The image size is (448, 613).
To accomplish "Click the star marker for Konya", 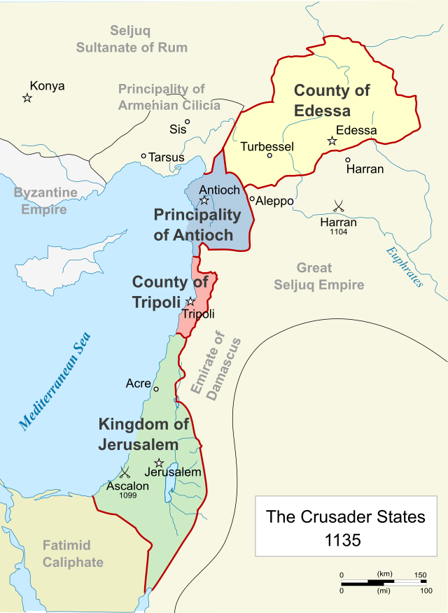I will coord(27,98).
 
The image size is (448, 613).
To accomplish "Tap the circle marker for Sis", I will coord(188,122).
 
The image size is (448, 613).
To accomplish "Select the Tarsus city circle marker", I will coord(143,156).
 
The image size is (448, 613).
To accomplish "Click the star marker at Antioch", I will coord(204,201).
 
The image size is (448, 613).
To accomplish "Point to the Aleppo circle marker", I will coord(252,199).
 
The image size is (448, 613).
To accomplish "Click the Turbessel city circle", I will coord(269,155).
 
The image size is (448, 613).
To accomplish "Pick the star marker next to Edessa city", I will coord(332,141).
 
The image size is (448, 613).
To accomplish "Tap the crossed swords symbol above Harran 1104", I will coord(339,206).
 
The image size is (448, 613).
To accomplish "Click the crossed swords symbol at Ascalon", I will coord(126,472).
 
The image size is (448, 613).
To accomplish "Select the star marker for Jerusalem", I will coord(159,463).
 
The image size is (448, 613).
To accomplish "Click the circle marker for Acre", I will coord(156,389).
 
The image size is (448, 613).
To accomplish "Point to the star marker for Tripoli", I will coord(190,302).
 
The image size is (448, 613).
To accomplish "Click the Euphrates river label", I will coord(404,267).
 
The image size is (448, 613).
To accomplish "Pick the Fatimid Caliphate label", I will coord(73,554).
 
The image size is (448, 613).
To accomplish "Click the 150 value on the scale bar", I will coord(419,575).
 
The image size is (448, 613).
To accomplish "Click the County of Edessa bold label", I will coord(332,100).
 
